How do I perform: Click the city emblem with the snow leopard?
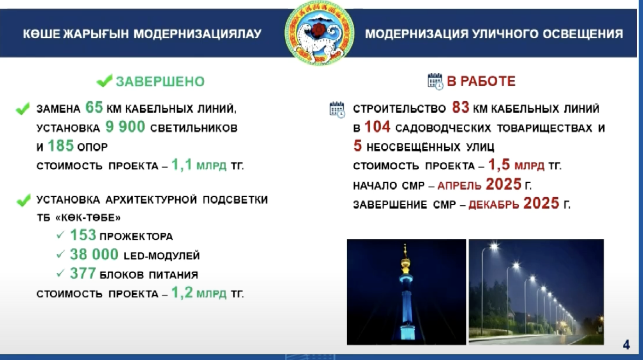(x=319, y=33)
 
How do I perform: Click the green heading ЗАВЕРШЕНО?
(x=160, y=81)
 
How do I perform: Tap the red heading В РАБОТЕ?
(x=481, y=81)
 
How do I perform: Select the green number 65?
(x=94, y=108)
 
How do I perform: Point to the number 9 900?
(x=125, y=127)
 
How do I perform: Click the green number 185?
(x=61, y=146)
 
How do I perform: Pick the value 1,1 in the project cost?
(x=182, y=165)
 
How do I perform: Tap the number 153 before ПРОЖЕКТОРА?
(x=83, y=235)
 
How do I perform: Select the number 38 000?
(x=94, y=254)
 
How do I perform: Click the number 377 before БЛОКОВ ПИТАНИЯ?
(x=83, y=273)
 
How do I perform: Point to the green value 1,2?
(x=182, y=293)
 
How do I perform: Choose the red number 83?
(x=461, y=108)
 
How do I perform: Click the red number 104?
(x=378, y=127)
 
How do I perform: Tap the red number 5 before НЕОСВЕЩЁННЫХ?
(x=358, y=146)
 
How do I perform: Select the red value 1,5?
(x=499, y=165)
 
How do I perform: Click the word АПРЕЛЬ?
(x=459, y=186)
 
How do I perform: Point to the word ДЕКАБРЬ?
(x=494, y=205)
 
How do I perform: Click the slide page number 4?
(x=626, y=344)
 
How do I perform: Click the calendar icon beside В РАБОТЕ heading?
(x=435, y=81)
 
